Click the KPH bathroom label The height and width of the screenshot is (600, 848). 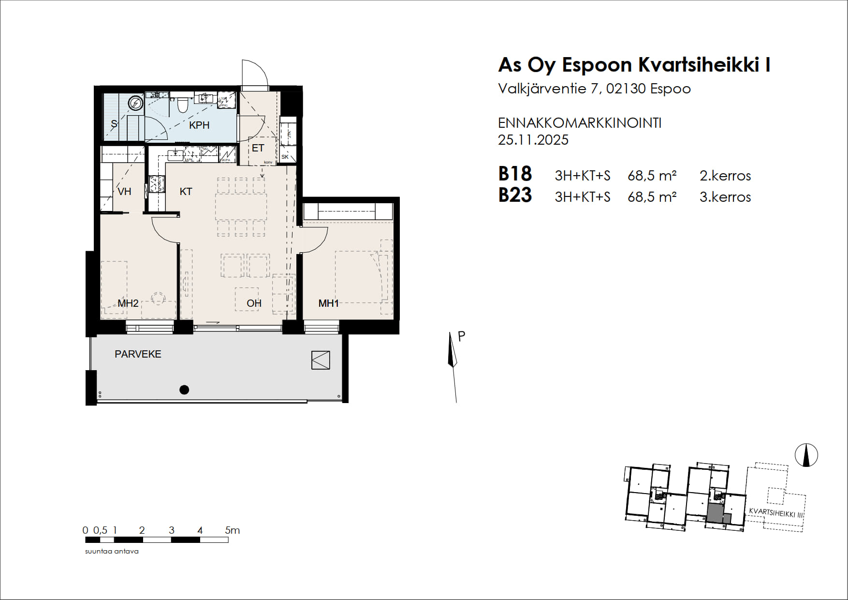click(199, 125)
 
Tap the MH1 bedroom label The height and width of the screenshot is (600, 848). click(328, 303)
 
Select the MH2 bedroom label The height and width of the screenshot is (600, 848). click(128, 303)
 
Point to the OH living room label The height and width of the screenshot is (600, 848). click(254, 303)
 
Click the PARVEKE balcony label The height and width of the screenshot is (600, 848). click(138, 354)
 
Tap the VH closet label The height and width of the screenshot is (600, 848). click(124, 192)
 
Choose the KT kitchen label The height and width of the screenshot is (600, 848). click(186, 192)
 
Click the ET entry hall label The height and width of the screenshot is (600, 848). click(258, 148)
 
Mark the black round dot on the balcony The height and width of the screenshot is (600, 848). click(184, 390)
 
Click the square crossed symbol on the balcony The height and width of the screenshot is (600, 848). click(321, 360)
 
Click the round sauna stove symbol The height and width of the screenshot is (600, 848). click(135, 103)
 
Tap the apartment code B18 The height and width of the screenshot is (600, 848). click(515, 174)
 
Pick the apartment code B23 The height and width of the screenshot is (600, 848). click(515, 195)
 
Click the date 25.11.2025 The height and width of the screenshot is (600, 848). click(533, 140)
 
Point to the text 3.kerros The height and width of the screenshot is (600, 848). click(725, 197)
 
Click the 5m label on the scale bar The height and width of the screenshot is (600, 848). click(233, 530)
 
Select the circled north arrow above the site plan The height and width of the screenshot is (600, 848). click(806, 455)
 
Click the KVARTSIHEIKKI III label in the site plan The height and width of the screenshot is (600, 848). click(775, 513)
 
